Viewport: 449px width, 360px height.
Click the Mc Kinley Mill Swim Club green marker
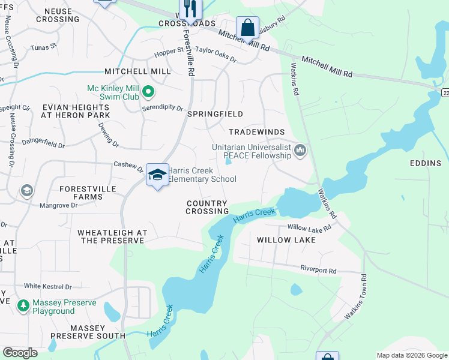148,92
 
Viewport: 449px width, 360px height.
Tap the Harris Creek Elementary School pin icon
157,175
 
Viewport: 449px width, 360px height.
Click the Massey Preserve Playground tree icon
23,306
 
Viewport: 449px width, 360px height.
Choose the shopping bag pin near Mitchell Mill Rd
247,27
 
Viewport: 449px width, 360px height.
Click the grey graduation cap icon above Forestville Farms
26,191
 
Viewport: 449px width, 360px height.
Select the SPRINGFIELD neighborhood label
215,114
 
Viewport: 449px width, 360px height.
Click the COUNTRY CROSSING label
207,208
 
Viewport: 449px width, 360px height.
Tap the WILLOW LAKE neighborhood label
286,239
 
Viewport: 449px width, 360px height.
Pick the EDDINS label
425,163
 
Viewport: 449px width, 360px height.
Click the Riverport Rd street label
318,271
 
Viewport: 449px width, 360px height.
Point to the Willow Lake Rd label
309,228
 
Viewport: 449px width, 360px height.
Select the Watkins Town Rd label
355,297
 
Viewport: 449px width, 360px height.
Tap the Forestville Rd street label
190,54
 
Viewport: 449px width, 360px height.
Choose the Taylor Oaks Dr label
216,56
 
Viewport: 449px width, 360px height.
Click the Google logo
20,353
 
